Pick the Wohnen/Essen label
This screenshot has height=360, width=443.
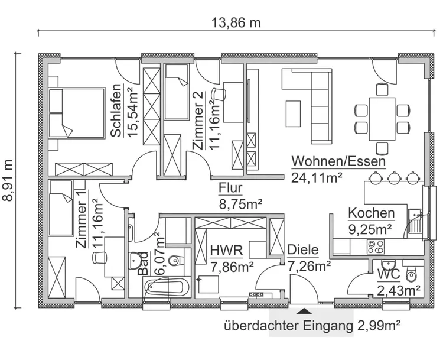point(338,161)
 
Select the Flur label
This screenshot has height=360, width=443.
point(231,189)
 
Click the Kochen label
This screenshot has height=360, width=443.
point(371,213)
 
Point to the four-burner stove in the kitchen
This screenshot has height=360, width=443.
point(376,247)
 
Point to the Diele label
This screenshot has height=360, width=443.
point(302,251)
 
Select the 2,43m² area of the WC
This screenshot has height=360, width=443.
point(399,289)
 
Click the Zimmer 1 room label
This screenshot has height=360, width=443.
point(82,219)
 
